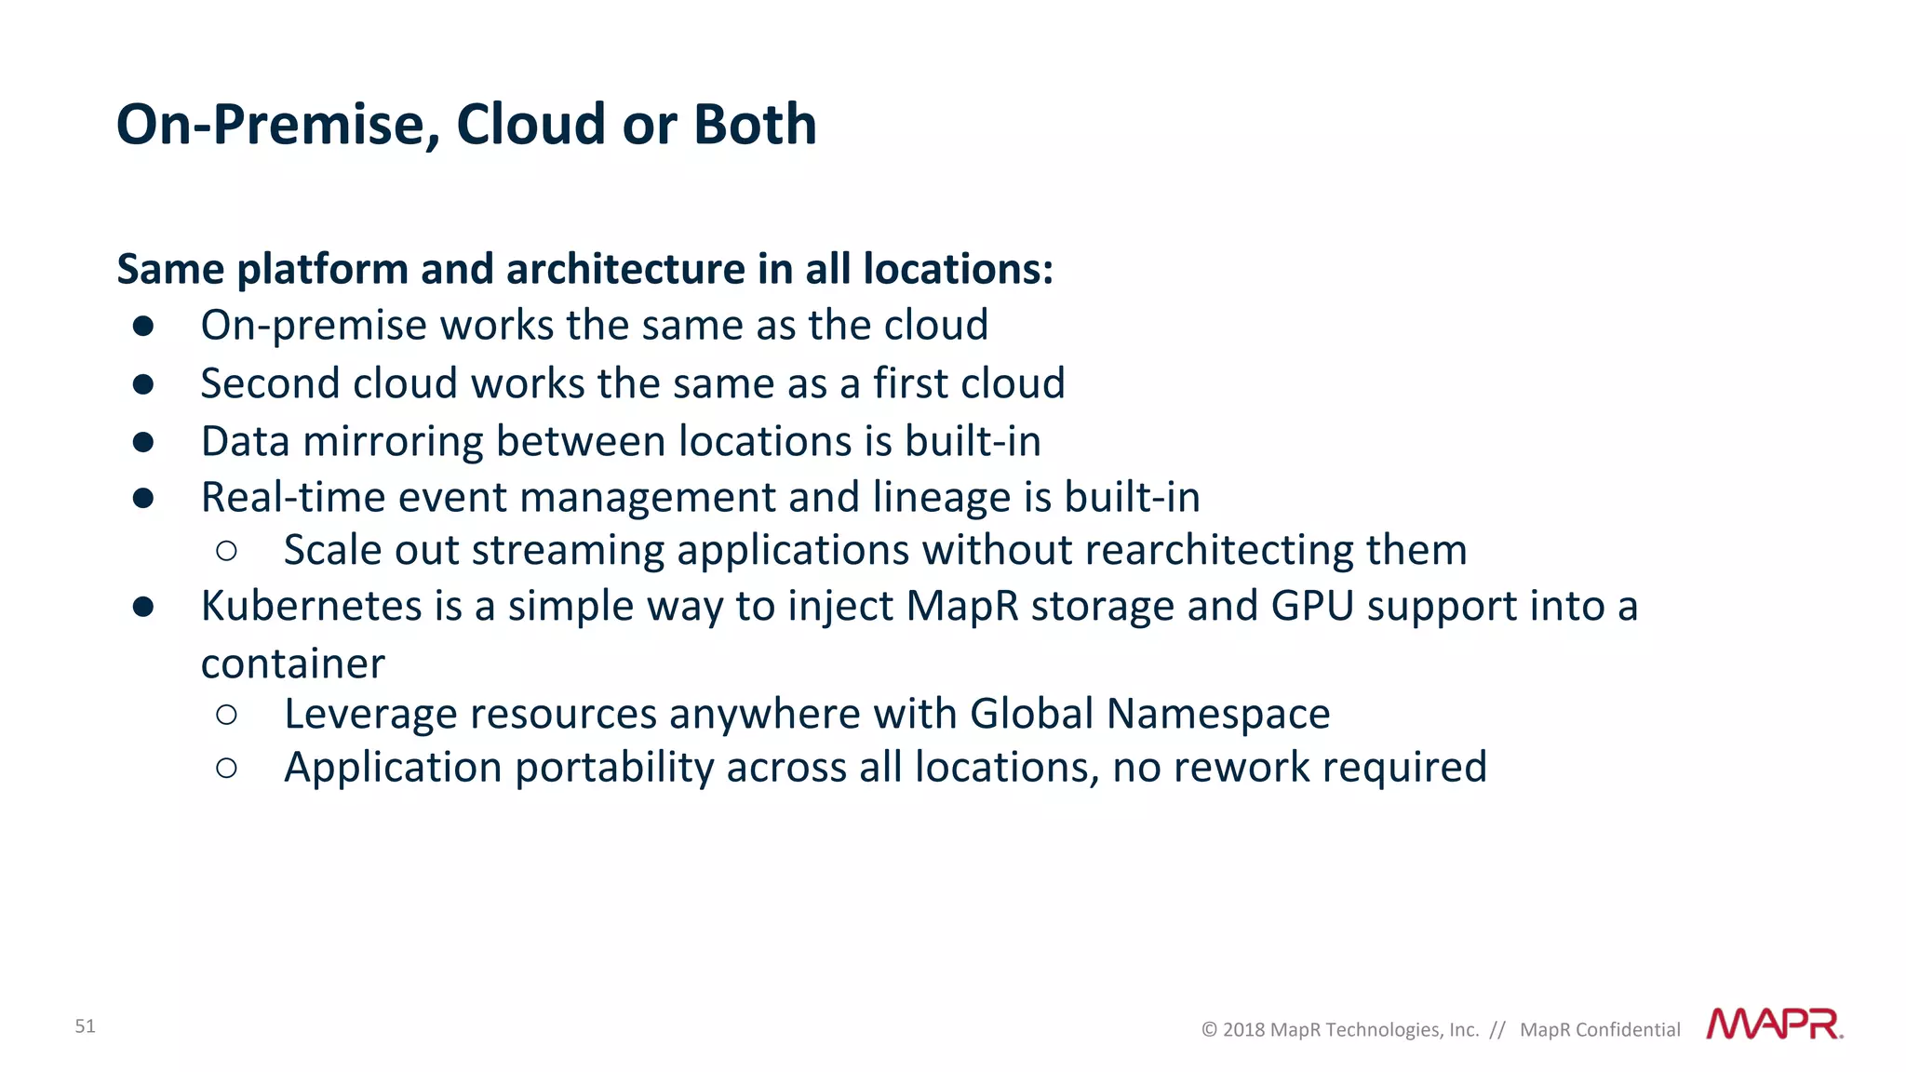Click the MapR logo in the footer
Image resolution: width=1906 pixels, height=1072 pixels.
[x=1774, y=1025]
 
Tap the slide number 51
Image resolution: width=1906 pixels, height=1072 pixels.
[x=85, y=1026]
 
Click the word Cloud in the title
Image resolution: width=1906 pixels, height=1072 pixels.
[x=530, y=124]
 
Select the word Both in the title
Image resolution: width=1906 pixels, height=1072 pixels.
[x=755, y=124]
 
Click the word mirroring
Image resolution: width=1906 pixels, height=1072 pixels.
[x=393, y=442]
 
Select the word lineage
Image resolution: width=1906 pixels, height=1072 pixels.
[x=941, y=498]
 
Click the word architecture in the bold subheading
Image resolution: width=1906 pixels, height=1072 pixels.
[x=625, y=270]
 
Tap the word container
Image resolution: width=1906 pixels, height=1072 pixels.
[x=292, y=664]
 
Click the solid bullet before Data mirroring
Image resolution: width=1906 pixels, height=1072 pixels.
[x=143, y=442]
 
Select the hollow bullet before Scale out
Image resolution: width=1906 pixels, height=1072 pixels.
[x=226, y=551]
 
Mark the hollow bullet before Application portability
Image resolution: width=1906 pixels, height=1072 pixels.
[x=226, y=768]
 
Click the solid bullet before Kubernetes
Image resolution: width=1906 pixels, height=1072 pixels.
[x=143, y=607]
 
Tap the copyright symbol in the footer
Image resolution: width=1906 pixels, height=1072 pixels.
[x=1209, y=1030]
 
